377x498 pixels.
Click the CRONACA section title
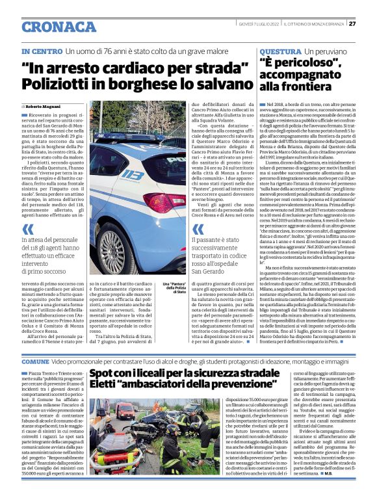click(59, 26)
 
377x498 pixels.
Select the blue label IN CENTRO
click(42, 51)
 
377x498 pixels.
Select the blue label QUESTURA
click(280, 51)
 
